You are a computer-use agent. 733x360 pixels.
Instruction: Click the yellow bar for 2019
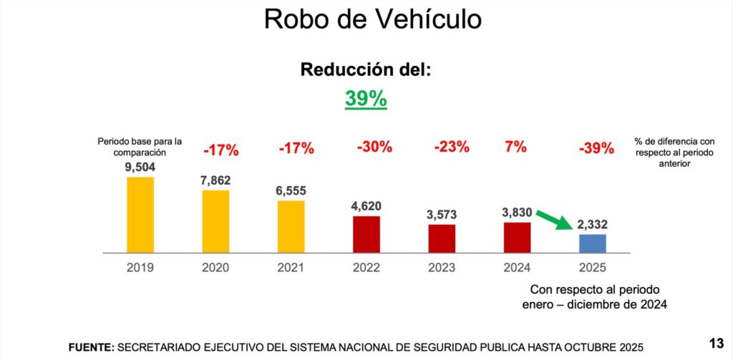click(x=140, y=215)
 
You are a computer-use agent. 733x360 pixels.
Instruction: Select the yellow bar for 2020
click(x=215, y=221)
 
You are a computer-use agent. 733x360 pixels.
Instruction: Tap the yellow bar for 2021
click(x=291, y=226)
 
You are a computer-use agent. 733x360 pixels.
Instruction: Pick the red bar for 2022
click(x=366, y=234)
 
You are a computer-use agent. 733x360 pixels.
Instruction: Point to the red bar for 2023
click(x=442, y=238)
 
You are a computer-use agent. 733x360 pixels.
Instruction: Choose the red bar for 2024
click(x=517, y=237)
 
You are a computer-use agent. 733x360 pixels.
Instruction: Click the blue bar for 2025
click(x=593, y=243)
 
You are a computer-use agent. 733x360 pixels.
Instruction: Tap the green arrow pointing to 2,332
click(x=553, y=219)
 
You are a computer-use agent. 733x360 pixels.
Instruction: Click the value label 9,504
click(x=140, y=167)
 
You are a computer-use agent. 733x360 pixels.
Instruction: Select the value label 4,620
click(x=366, y=206)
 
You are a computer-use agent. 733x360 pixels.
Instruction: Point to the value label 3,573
click(x=442, y=215)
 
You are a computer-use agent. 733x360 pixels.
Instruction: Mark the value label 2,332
click(x=593, y=225)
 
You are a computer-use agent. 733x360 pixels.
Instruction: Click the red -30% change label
click(x=374, y=147)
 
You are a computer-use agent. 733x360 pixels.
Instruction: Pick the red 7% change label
click(x=515, y=147)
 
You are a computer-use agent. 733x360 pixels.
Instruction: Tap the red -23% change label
click(x=451, y=147)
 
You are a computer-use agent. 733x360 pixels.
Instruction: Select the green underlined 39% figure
click(x=366, y=99)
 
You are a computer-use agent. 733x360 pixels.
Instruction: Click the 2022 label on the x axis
click(x=366, y=268)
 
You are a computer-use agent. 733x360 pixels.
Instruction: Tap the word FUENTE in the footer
click(x=91, y=347)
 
